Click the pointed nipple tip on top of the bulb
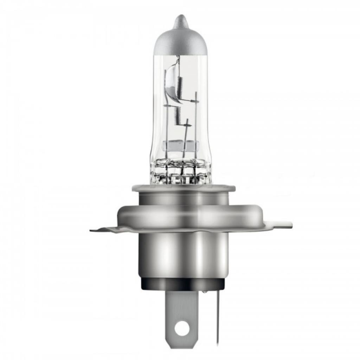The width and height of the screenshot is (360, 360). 180,18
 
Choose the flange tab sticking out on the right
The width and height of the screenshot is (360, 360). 281,224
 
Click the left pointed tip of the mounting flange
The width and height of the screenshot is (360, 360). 92,231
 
